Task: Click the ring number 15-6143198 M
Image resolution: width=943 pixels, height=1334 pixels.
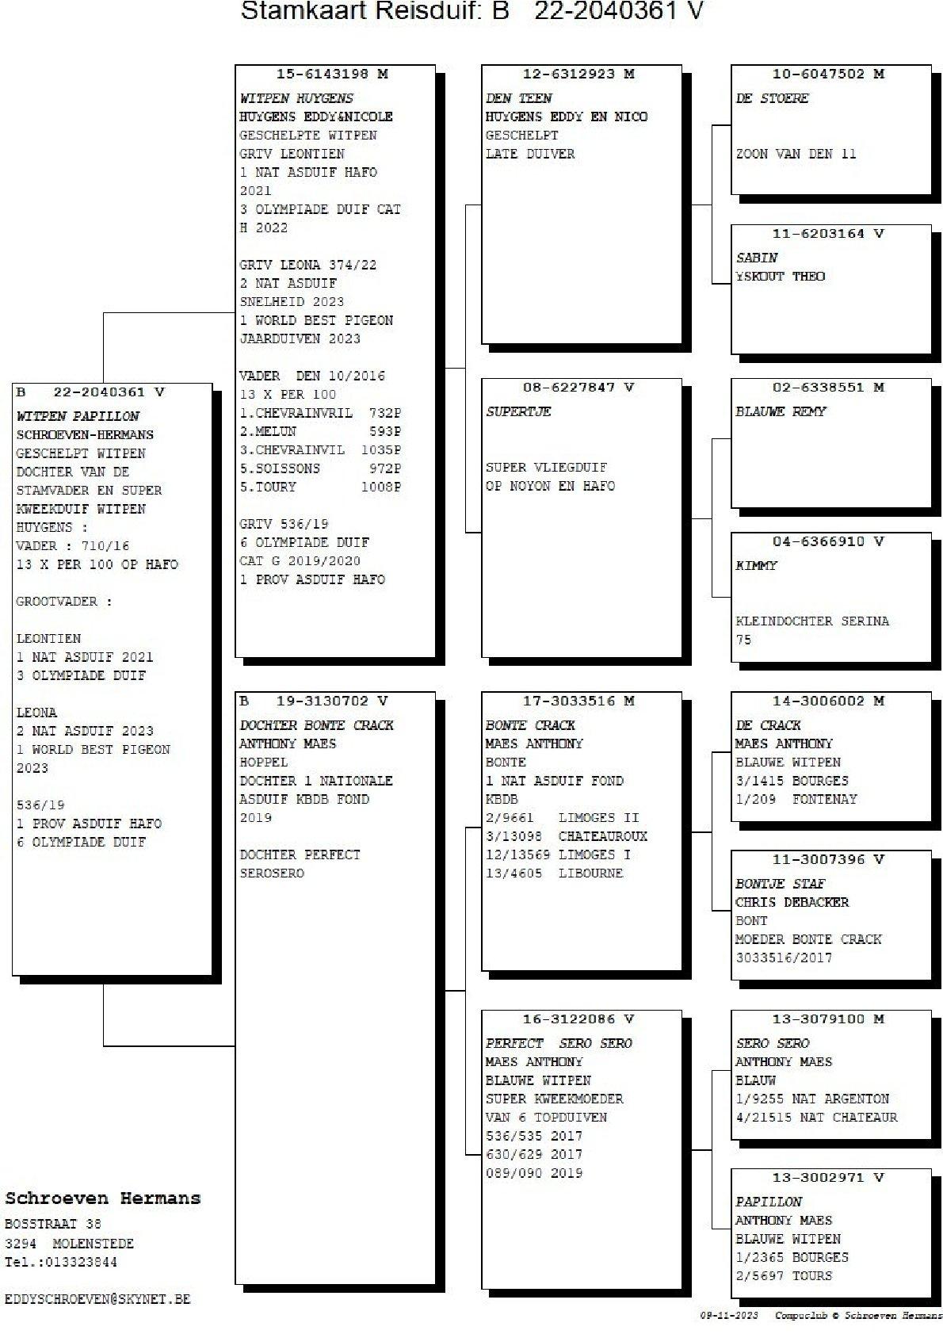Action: (331, 74)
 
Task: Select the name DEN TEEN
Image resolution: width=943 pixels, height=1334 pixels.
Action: (518, 98)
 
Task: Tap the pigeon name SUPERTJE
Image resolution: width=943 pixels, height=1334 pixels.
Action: (518, 411)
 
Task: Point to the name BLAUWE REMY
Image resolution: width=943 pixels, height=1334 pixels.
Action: (781, 411)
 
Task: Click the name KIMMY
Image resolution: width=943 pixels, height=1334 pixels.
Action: (756, 565)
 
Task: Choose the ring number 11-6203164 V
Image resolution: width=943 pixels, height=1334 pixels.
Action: (827, 234)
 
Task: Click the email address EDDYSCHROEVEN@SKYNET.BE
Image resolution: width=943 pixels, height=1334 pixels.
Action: (97, 1299)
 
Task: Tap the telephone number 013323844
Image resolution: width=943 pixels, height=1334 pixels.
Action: (81, 1262)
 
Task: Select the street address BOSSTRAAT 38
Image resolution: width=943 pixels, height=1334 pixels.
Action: (53, 1224)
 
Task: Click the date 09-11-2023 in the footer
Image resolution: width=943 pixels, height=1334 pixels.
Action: (729, 1315)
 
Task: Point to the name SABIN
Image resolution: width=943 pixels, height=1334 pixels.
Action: (756, 258)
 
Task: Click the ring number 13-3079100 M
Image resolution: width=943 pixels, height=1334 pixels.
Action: (827, 1019)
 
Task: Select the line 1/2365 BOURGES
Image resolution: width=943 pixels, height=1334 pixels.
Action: (792, 1257)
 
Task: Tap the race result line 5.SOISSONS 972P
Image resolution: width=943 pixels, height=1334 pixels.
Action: (320, 468)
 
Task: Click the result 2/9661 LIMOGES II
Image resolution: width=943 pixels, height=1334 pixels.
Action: (562, 818)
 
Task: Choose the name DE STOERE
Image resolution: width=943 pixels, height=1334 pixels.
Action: (772, 98)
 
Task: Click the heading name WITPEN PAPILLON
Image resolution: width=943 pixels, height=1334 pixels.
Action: (78, 415)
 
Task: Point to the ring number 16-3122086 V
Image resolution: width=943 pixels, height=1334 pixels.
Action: (578, 1019)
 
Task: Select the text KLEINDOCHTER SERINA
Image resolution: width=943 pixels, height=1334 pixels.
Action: (812, 621)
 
